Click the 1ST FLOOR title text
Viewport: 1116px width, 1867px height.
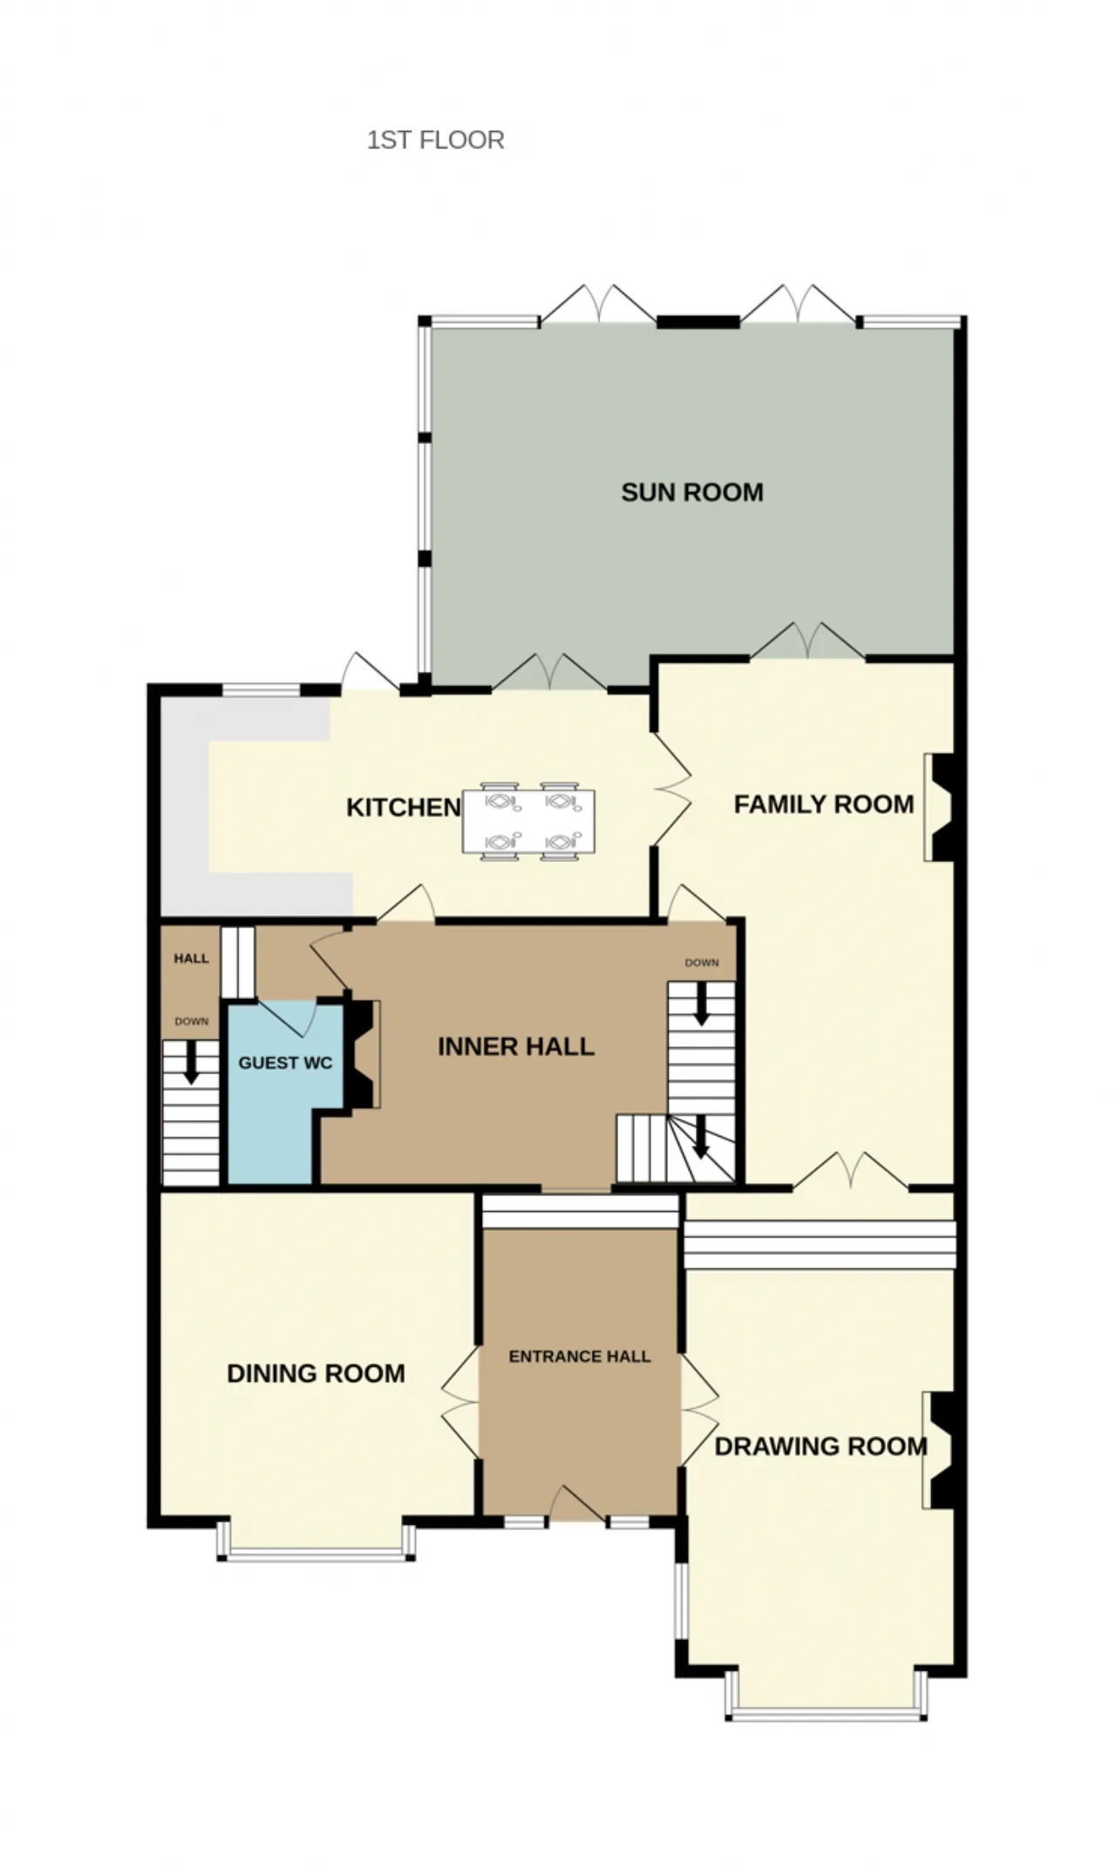point(435,140)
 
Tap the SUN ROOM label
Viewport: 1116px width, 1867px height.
point(692,492)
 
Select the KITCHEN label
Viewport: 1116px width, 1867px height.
point(403,807)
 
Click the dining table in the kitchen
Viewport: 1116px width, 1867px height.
point(529,821)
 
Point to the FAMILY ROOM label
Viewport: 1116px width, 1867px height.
point(824,804)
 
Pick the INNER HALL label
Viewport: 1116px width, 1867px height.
point(516,1046)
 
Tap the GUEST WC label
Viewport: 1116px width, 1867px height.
point(285,1063)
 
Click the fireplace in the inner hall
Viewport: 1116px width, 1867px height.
point(362,1055)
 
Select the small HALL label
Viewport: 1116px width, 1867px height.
point(191,958)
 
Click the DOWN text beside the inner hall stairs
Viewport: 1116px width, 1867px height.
point(702,962)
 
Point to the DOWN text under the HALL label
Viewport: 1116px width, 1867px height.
point(191,1021)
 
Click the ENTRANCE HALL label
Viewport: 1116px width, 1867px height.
point(580,1356)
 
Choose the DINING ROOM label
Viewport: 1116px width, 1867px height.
point(316,1373)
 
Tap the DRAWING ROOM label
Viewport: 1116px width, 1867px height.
point(820,1446)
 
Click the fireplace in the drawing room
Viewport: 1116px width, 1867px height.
point(940,1450)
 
